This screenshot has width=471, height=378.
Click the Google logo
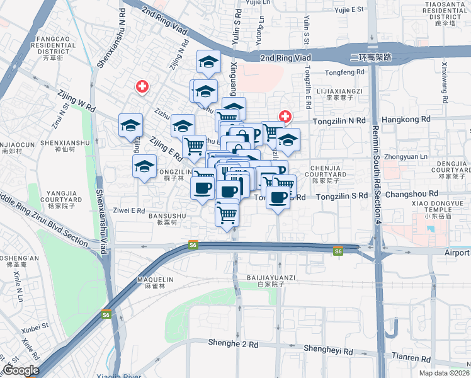20,370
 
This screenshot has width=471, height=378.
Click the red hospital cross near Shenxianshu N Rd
143,86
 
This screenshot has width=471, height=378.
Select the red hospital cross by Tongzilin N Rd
285,117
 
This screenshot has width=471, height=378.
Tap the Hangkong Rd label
406,118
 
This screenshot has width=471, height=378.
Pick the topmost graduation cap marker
208,62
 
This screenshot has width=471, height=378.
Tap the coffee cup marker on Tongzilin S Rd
277,197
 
